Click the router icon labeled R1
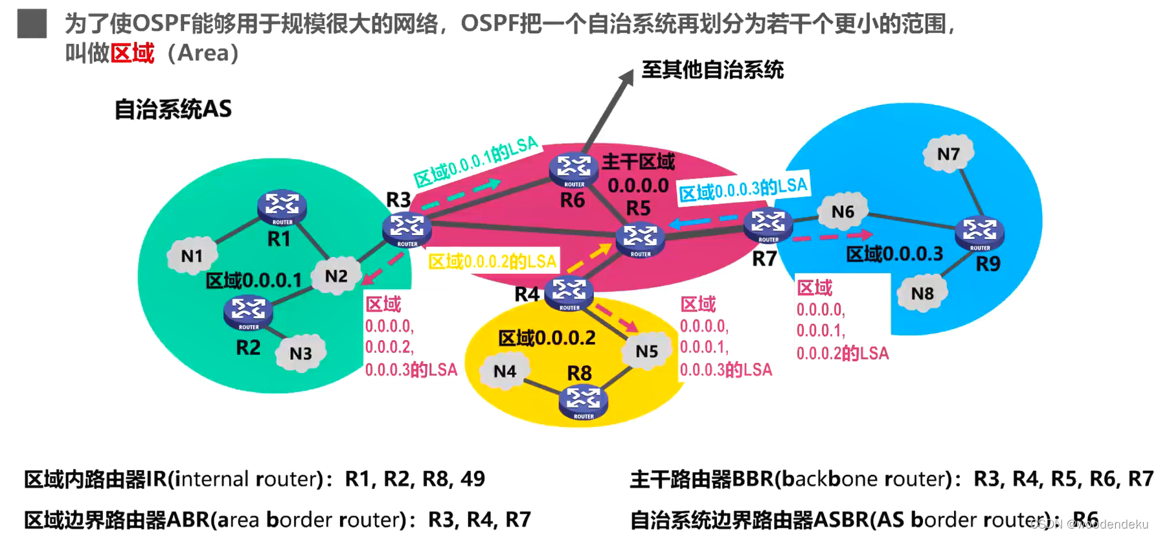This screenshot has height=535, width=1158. tap(282, 207)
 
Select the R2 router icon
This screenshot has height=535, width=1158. tap(248, 312)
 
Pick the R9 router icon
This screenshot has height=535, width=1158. tap(979, 233)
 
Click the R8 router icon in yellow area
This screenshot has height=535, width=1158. tap(583, 401)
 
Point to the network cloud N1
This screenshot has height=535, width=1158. tap(192, 256)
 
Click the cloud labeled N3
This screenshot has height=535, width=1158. tap(301, 354)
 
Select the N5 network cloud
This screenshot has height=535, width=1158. tap(646, 352)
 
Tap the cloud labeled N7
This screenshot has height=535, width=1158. tap(948, 154)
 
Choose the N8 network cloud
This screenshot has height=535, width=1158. tap(922, 294)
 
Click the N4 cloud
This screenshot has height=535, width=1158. tap(505, 372)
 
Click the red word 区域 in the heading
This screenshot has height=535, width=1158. tap(132, 53)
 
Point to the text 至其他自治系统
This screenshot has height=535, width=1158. tap(712, 70)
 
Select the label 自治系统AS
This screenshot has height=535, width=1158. tap(173, 109)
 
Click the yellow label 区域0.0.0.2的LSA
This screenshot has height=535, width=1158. tap(492, 262)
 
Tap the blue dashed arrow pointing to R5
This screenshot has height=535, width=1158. tap(703, 222)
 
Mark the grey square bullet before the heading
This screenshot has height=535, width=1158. tap(32, 24)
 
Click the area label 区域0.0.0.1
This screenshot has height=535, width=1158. tap(254, 281)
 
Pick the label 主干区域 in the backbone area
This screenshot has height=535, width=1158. tap(638, 162)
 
